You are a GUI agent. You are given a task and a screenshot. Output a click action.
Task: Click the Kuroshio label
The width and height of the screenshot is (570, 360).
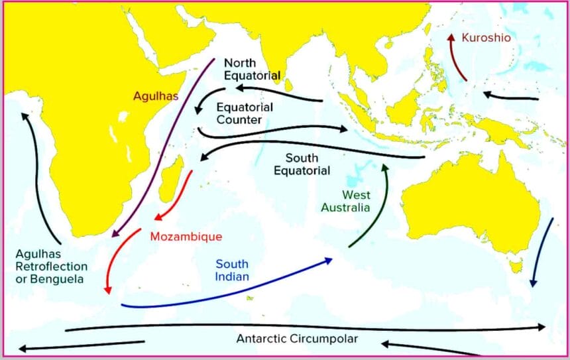[486, 38]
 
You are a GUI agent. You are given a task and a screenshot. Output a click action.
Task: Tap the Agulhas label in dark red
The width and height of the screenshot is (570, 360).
[156, 95]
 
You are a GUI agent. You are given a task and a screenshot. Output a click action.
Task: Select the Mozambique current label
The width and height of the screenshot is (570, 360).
[186, 236]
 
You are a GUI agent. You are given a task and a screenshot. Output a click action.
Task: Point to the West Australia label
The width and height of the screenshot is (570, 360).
[345, 201]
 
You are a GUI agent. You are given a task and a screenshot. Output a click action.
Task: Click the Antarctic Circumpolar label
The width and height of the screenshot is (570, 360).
[297, 339]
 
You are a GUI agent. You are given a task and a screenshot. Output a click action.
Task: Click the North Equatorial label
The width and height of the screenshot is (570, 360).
[252, 69]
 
